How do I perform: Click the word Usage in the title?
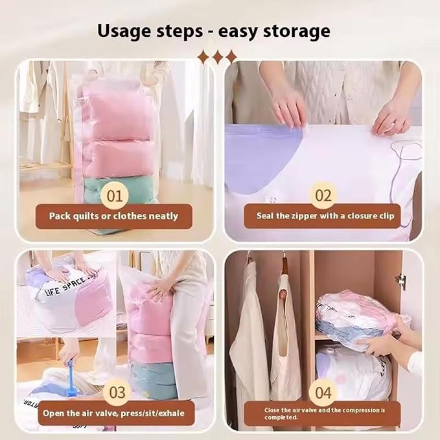pos(125,31)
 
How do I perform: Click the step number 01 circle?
pos(115,196)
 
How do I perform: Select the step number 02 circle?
pos(323,196)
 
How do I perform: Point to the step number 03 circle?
pos(117,392)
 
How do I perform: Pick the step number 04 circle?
pos(323,392)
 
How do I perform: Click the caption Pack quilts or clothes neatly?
pos(113,216)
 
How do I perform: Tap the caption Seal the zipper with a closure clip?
pos(325,216)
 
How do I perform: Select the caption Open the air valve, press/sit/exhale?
pos(113,413)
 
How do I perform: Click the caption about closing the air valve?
pos(325,413)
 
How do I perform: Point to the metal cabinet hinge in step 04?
pos(402,282)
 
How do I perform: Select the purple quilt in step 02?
pos(261,157)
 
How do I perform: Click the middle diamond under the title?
pos(216,57)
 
